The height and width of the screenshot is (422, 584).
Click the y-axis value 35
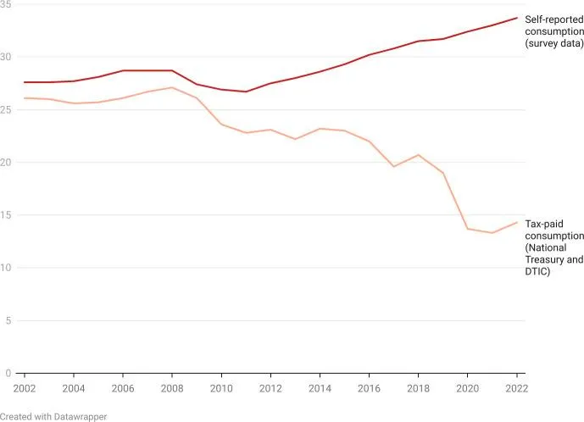(x=7, y=5)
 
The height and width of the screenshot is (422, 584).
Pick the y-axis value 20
(x=7, y=163)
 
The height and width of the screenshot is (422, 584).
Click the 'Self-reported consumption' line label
(x=554, y=31)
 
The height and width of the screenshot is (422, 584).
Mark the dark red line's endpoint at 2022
(x=517, y=18)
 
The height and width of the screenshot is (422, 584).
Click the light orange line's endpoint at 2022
(x=517, y=222)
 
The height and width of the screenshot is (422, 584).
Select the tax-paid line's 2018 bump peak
(x=418, y=155)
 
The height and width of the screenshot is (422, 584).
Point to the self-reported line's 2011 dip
(x=246, y=92)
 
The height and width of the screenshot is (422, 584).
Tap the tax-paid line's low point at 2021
(x=492, y=233)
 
